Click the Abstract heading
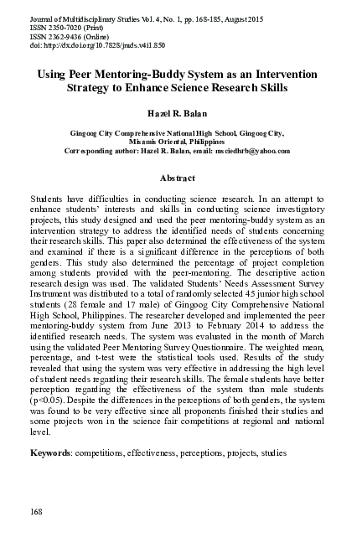[177, 178]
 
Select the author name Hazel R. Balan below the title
[177, 112]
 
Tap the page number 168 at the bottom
[36, 511]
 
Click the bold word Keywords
[50, 452]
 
